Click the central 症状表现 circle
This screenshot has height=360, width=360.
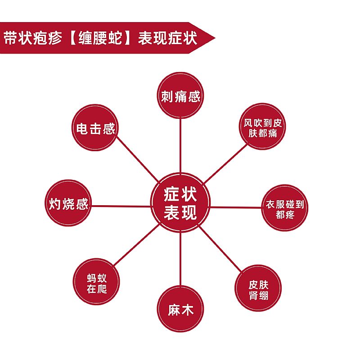point(180,203)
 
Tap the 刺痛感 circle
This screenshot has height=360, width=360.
point(180,95)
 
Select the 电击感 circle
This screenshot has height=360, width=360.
point(95,128)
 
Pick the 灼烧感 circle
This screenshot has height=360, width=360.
point(68,203)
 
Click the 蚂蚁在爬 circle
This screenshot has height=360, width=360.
point(96,282)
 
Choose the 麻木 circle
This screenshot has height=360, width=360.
point(180,309)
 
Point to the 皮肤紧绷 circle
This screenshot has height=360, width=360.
point(258,288)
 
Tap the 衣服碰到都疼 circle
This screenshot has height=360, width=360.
point(285,208)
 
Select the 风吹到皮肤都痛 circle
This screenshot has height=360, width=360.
point(263,126)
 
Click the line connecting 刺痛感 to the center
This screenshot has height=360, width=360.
point(180,146)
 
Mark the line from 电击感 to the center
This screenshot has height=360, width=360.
point(138,160)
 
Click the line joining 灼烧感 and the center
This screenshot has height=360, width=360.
point(121,206)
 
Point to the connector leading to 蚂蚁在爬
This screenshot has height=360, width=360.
point(137,245)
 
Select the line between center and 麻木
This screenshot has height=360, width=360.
point(180,259)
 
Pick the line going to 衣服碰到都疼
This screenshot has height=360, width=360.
point(236,207)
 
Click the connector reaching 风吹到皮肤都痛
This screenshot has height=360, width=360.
point(226,163)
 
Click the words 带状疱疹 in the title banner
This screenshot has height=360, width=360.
point(33,38)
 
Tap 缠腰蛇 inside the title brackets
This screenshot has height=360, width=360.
point(100,38)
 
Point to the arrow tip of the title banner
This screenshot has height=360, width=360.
point(215,38)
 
